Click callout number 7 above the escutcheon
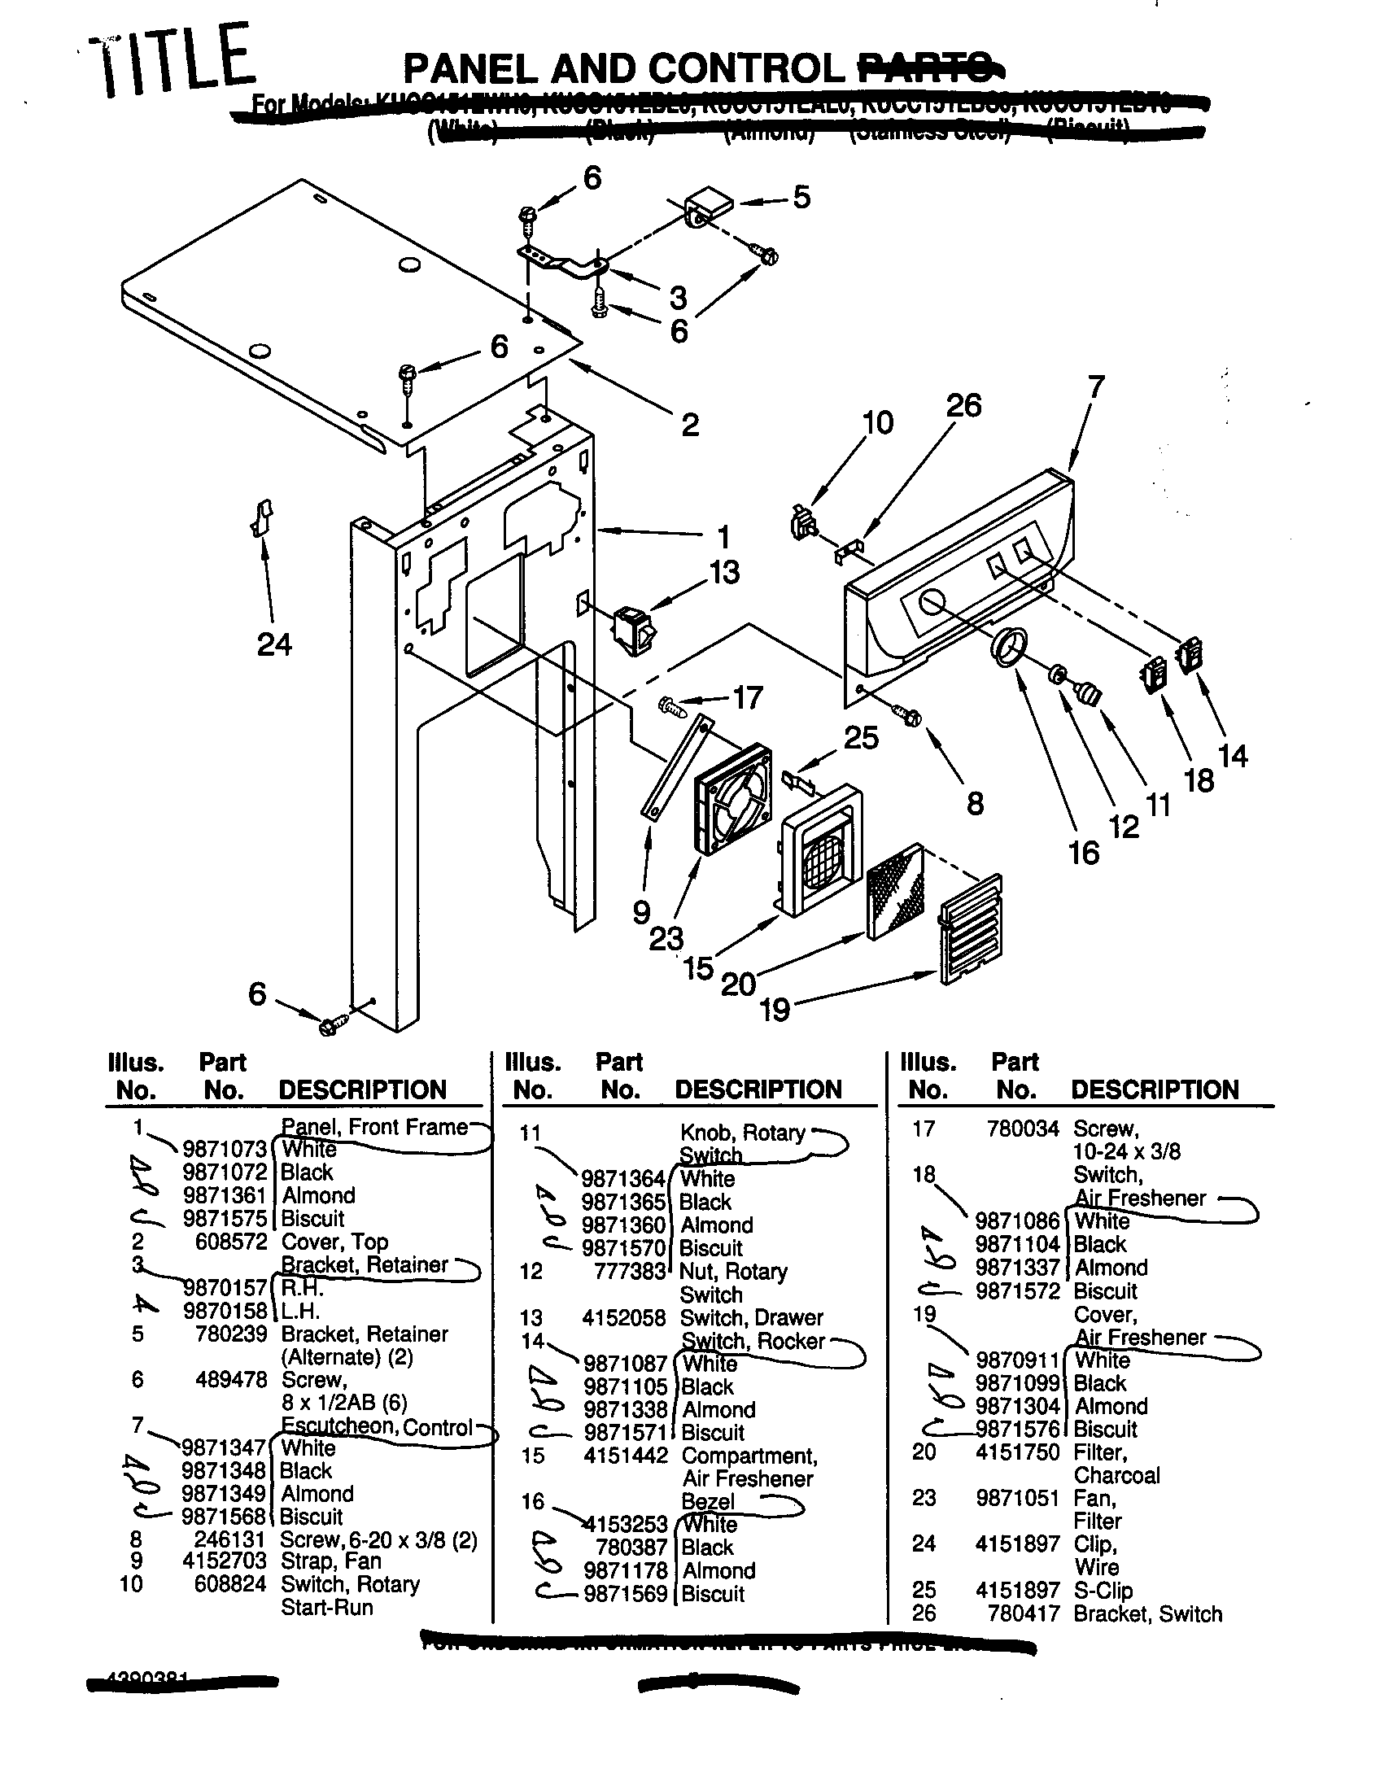pos(1096,386)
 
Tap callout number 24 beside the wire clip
pos(273,645)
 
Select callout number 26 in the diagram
pos(963,406)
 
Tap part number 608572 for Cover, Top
pos(231,1242)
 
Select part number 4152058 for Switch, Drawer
pos(623,1318)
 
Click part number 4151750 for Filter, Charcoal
pos(1017,1452)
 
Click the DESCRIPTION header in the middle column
pos(758,1089)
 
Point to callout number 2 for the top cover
pos(690,425)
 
